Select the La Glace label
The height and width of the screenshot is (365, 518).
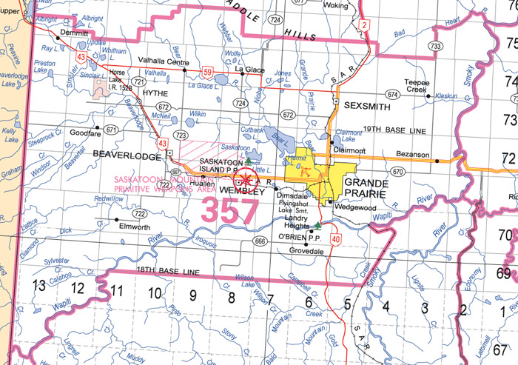[x=249, y=70]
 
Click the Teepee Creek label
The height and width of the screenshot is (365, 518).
[x=416, y=85]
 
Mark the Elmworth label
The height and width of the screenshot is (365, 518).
[x=134, y=227]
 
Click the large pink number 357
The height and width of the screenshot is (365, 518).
[x=230, y=210]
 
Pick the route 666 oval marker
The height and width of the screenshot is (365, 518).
[x=260, y=241]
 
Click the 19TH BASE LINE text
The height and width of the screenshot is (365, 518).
[x=400, y=130]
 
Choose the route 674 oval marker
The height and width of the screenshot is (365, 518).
[x=391, y=95]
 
